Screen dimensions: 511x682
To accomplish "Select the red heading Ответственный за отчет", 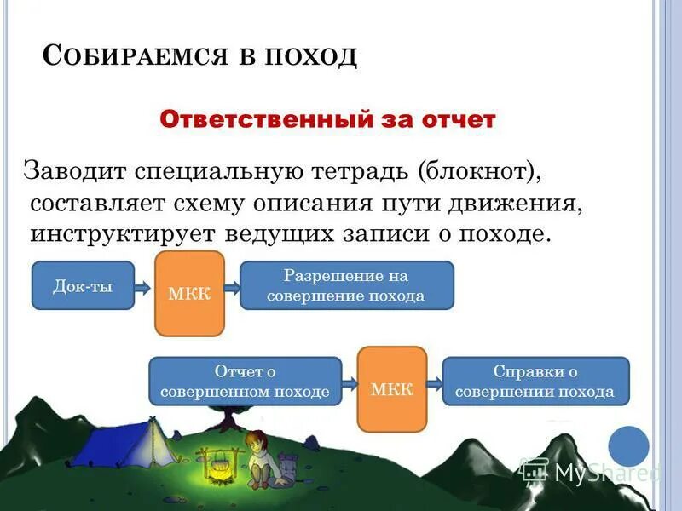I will coord(327,119).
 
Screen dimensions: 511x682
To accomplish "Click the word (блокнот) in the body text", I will coord(479,171).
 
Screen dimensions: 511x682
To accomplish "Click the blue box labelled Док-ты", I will coord(83,285).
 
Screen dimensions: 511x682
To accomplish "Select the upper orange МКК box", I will coord(189,294).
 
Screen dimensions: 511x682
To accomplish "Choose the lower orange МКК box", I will coord(391,389).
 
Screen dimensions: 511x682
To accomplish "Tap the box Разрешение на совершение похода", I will coord(346,285).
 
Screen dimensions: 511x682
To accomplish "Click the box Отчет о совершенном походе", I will coord(245,382).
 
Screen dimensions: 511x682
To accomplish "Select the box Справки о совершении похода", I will coord(535,382).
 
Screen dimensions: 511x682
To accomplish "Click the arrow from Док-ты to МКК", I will coord(144,285).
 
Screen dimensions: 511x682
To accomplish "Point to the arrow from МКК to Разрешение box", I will coord(232,285).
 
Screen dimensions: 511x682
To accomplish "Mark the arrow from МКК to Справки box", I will coord(434,382).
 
